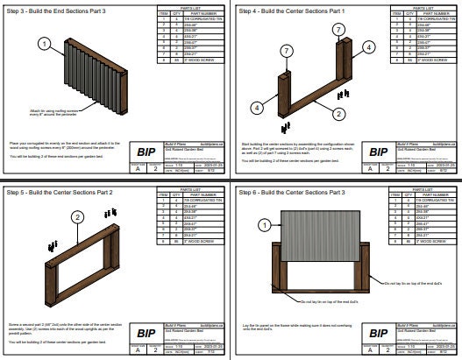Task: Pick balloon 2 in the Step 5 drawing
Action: pyautogui.click(x=77, y=216)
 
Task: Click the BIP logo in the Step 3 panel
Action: pyautogui.click(x=146, y=151)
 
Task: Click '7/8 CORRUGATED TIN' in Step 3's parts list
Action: pyautogui.click(x=195, y=18)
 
